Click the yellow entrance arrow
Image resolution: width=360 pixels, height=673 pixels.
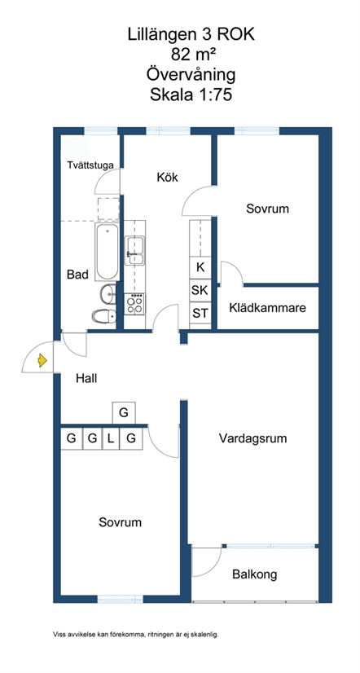pyautogui.click(x=42, y=360)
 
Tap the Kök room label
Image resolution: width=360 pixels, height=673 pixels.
pyautogui.click(x=167, y=177)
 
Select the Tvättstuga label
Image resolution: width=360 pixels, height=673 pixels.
pyautogui.click(x=90, y=165)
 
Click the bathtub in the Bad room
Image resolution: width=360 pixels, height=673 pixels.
pyautogui.click(x=107, y=252)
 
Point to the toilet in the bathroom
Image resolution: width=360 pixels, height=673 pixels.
pyautogui.click(x=103, y=316)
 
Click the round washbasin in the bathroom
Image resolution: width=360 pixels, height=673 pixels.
pyautogui.click(x=108, y=294)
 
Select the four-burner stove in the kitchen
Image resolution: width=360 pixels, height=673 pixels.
pyautogui.click(x=134, y=304)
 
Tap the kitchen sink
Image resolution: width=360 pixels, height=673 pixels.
pyautogui.click(x=134, y=250)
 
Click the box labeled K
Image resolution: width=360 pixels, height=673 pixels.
pyautogui.click(x=200, y=267)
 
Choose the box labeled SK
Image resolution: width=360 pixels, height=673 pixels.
pyautogui.click(x=200, y=290)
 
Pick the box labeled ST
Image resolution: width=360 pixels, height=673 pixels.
pyautogui.click(x=200, y=313)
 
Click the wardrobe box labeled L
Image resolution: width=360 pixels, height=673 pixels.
pyautogui.click(x=111, y=438)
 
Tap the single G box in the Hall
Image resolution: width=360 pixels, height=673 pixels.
pyautogui.click(x=124, y=413)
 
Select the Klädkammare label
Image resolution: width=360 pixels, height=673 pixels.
pyautogui.click(x=268, y=308)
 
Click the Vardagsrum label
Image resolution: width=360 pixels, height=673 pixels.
pyautogui.click(x=252, y=438)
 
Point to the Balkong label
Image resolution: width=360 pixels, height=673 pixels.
pyautogui.click(x=255, y=574)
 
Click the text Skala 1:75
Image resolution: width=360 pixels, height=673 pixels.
pyautogui.click(x=191, y=95)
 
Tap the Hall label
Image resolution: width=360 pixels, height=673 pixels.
pyautogui.click(x=86, y=378)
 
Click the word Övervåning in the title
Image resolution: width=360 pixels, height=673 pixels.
pyautogui.click(x=191, y=74)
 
